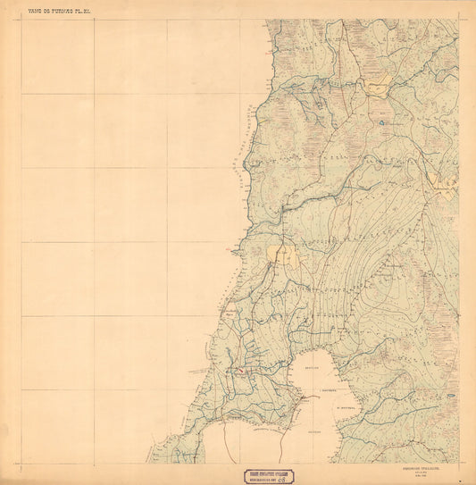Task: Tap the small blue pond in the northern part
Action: [x=380, y=120]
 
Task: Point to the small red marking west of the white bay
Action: [x=237, y=369]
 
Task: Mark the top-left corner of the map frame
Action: [x=22, y=20]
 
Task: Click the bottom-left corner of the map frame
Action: [x=22, y=463]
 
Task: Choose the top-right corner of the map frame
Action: [x=459, y=20]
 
